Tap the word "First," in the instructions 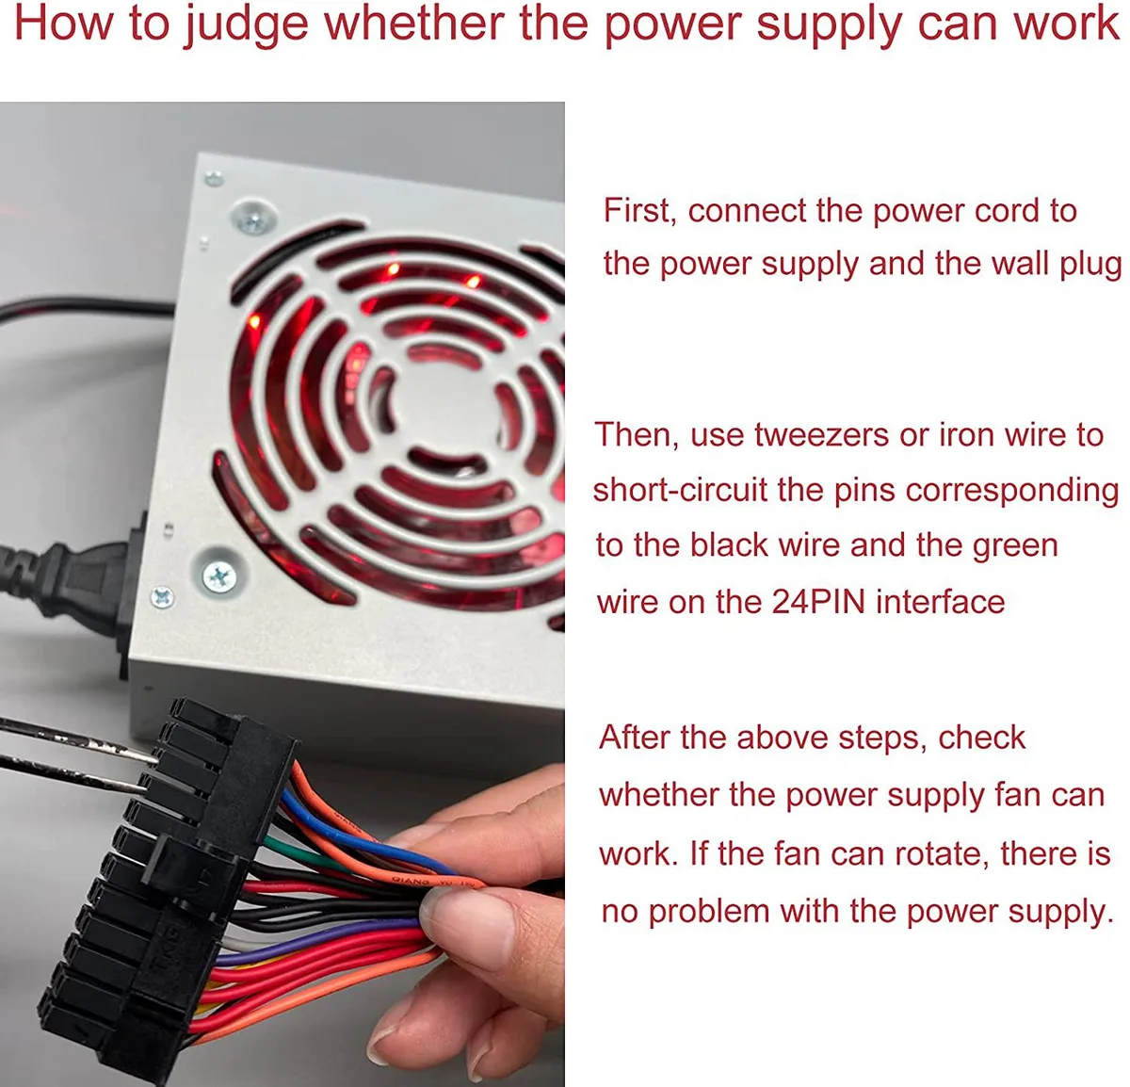pos(640,210)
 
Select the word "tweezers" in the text pos(821,434)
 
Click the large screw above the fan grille pos(253,218)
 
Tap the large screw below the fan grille pos(218,576)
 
